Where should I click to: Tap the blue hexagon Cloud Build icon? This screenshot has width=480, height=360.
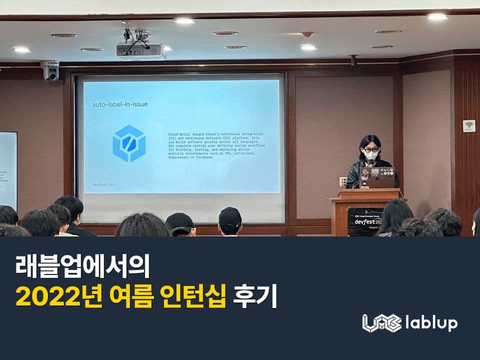tap(129, 143)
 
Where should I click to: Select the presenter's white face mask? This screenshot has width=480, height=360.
tap(370, 155)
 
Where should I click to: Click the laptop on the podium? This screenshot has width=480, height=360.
tap(376, 177)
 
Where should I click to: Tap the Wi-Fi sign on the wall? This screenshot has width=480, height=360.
tap(468, 125)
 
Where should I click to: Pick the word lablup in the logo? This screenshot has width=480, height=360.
tap(430, 323)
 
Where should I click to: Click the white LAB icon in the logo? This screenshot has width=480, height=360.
tap(381, 323)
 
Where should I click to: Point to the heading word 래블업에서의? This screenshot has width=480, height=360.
tap(82, 267)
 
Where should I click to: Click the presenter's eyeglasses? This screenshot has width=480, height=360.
tap(370, 149)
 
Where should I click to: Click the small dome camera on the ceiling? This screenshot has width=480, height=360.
tap(307, 34)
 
